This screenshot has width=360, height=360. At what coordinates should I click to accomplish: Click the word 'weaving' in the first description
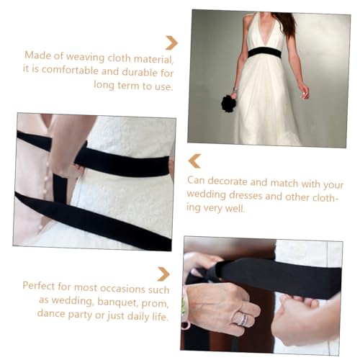point(85,56)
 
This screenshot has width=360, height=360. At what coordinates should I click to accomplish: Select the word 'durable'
point(139,71)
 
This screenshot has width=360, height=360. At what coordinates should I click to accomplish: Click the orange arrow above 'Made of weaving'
point(171,42)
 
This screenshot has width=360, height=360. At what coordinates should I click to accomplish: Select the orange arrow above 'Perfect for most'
point(163,274)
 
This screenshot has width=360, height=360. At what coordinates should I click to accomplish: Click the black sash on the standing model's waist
point(265,52)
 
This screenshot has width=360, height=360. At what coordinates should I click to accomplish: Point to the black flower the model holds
point(228,103)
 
